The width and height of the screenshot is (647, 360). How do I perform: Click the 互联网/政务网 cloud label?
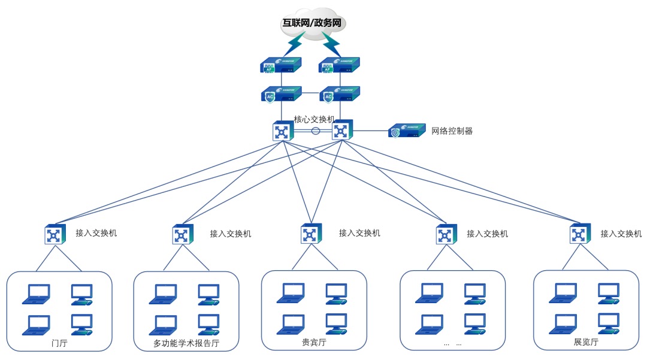(315, 23)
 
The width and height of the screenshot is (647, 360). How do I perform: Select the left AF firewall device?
(280, 65)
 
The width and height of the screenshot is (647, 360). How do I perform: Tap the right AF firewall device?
(339, 65)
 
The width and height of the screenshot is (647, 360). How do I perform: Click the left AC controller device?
(280, 94)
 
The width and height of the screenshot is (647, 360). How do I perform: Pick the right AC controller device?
(339, 94)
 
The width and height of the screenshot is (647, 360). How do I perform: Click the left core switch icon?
(282, 131)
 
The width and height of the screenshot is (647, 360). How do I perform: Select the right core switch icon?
(341, 130)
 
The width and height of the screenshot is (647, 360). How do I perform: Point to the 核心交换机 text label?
(314, 119)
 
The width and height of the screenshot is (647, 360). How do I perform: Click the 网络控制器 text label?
(452, 131)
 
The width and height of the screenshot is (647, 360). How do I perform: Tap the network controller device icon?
(407, 131)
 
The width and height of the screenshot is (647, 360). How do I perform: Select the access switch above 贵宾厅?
(311, 233)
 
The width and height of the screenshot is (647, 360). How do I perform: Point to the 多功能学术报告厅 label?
(186, 344)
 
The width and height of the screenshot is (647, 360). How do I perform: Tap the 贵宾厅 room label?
(313, 343)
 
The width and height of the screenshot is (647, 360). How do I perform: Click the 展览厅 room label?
(586, 342)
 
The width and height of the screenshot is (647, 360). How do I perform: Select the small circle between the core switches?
(316, 131)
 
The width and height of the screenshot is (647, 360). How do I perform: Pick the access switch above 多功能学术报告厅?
(182, 235)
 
